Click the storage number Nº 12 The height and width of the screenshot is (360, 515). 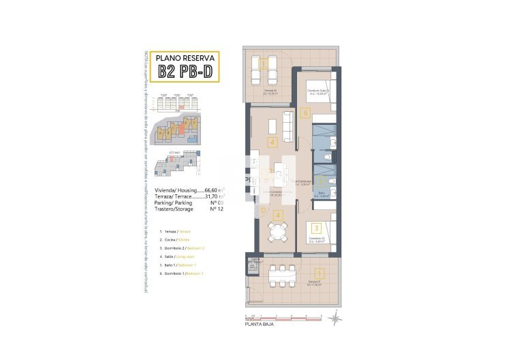tap(217, 209)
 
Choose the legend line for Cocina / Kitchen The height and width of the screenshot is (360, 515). tap(175, 240)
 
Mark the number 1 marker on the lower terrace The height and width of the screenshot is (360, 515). tap(321, 275)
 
